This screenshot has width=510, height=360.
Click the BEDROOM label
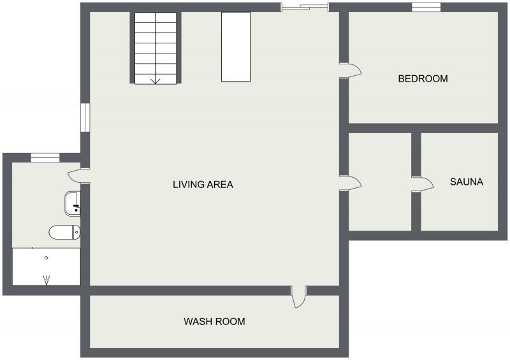[423, 79]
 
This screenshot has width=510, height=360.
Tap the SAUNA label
[466, 182]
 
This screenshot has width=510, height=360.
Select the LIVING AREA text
[203, 185]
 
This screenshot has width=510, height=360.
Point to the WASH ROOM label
[214, 322]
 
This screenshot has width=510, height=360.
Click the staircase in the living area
[155, 48]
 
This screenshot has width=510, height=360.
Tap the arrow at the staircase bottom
[155, 80]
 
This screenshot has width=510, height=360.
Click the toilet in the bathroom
[64, 232]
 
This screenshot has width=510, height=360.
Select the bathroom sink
[71, 203]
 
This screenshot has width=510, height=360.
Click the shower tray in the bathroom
[47, 266]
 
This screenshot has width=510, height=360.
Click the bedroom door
[351, 70]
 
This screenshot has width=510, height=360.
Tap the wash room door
[298, 298]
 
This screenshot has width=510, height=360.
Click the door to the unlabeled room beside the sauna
[351, 184]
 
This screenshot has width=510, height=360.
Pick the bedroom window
[426, 8]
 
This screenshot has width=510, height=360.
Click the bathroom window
[45, 157]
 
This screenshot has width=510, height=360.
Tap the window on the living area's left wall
[85, 118]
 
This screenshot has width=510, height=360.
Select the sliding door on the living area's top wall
[305, 8]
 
